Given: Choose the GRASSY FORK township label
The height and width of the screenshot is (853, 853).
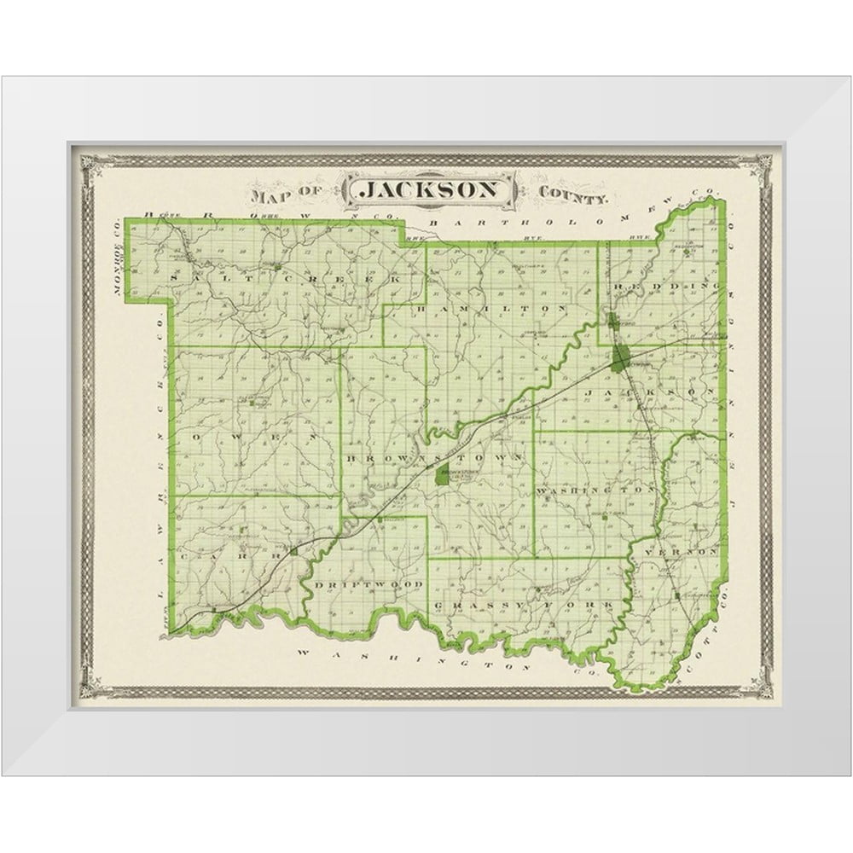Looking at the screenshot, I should tap(522, 605).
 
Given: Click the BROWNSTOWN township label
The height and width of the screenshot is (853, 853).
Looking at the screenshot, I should tap(432, 458).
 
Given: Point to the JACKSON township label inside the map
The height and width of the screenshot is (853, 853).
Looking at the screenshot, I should tap(650, 392).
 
